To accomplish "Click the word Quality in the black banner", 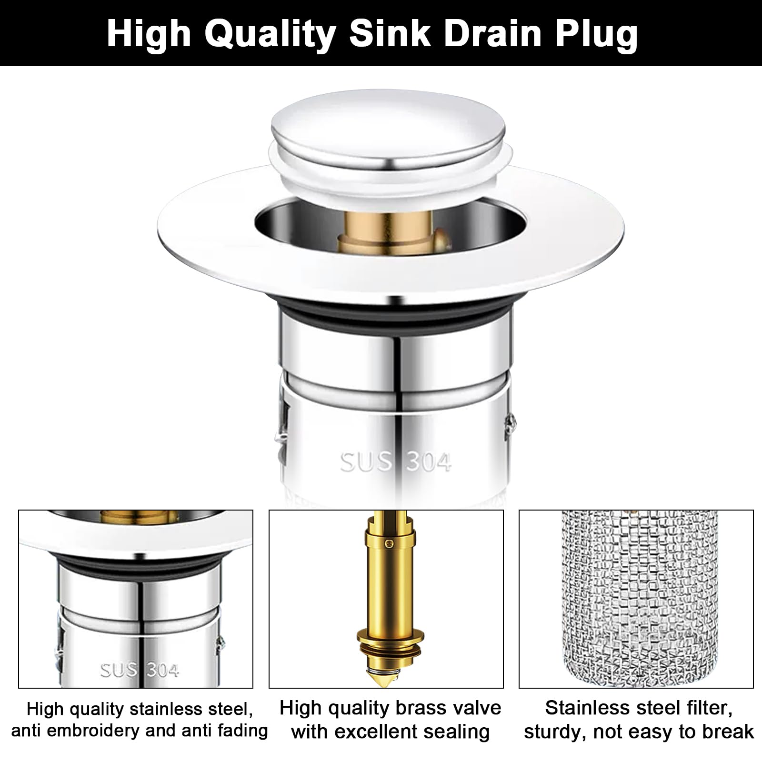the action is [x=270, y=34].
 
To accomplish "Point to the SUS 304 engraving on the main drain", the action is [x=395, y=462].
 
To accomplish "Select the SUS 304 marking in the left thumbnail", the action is [x=140, y=671].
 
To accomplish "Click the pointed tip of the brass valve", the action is [x=386, y=683].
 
